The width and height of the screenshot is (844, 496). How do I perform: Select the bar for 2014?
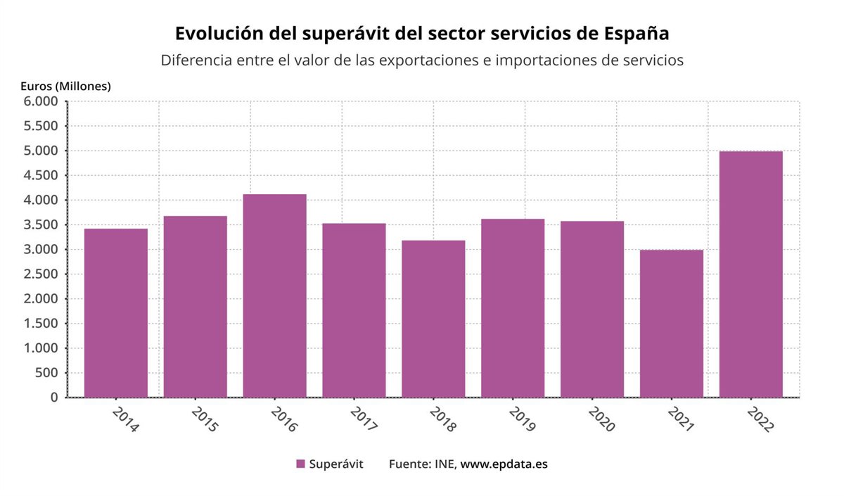115,313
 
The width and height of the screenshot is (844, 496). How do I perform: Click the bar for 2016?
274,295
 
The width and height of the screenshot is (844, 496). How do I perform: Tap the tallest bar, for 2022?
750,274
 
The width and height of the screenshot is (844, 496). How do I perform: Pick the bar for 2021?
671,324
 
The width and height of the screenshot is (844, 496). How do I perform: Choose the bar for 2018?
433,319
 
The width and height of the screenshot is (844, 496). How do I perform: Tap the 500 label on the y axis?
47,373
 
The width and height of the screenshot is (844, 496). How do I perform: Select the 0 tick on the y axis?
54,398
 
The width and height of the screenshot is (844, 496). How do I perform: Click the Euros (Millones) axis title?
65,86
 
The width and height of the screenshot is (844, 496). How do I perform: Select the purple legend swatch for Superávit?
300,464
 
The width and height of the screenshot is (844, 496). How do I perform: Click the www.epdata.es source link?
504,464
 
